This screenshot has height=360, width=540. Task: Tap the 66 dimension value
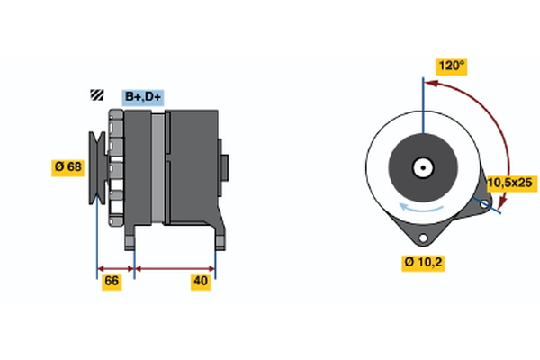[112, 282]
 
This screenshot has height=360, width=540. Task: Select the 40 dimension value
[201, 282]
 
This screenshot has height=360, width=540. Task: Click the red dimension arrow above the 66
[115, 267]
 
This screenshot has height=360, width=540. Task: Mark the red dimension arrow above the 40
[175, 267]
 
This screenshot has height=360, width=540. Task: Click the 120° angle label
[451, 66]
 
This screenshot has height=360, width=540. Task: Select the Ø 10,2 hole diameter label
[422, 263]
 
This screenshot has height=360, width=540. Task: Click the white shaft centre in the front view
[421, 166]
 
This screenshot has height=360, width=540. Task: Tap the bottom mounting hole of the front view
[421, 236]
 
